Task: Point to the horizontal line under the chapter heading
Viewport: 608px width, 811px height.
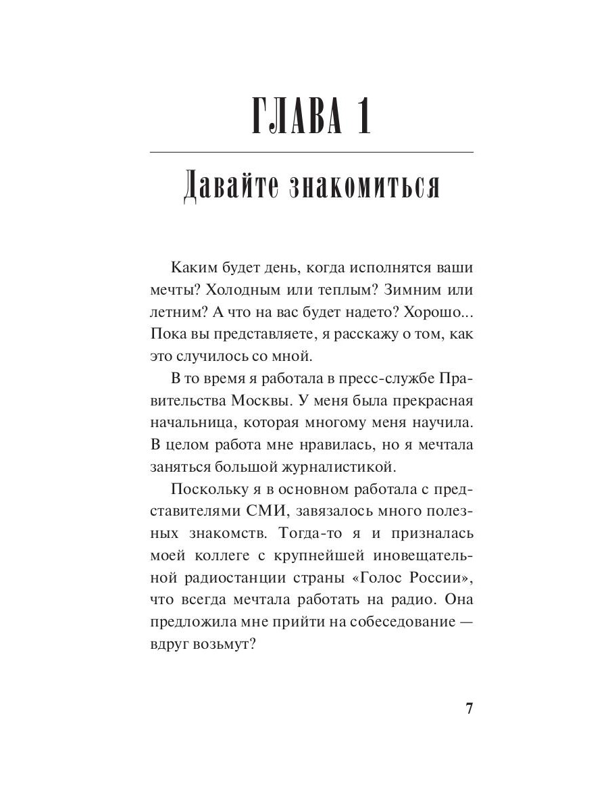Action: pos(311,153)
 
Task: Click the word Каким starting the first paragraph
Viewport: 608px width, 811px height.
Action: pos(193,267)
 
